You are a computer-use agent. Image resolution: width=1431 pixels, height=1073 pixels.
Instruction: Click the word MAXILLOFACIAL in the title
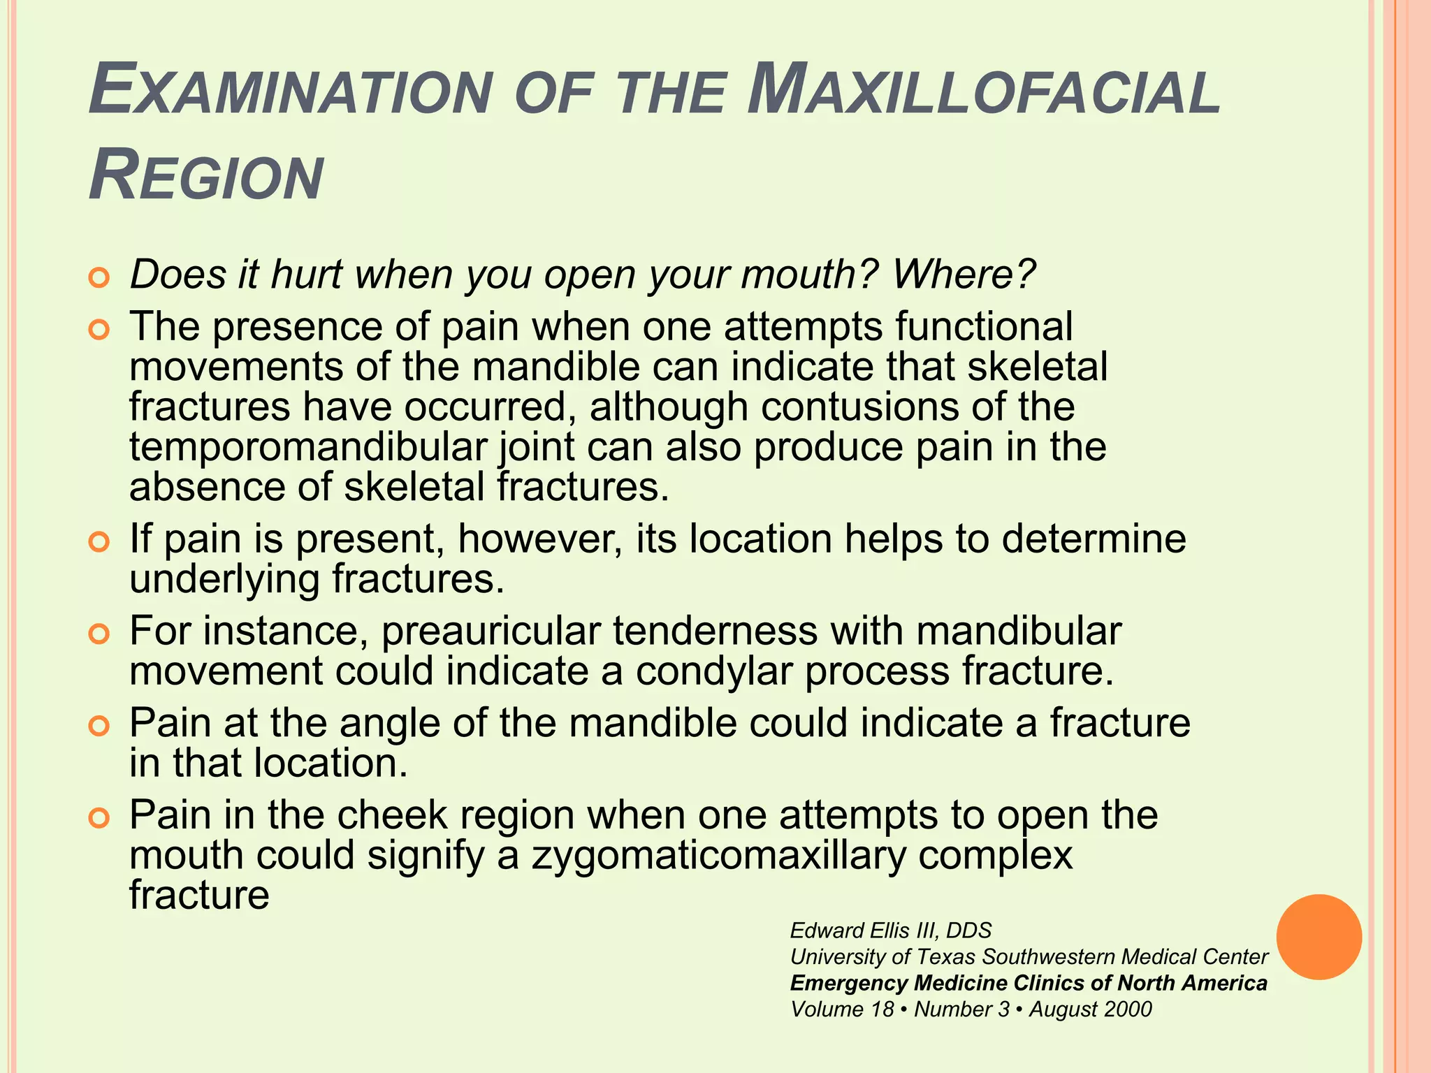pos(984,92)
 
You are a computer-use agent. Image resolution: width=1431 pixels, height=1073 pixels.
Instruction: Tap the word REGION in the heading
pos(206,176)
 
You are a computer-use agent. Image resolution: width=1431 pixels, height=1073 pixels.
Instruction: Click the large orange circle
pos(1319,937)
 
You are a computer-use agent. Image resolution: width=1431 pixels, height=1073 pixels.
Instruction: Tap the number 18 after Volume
pos(882,1009)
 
